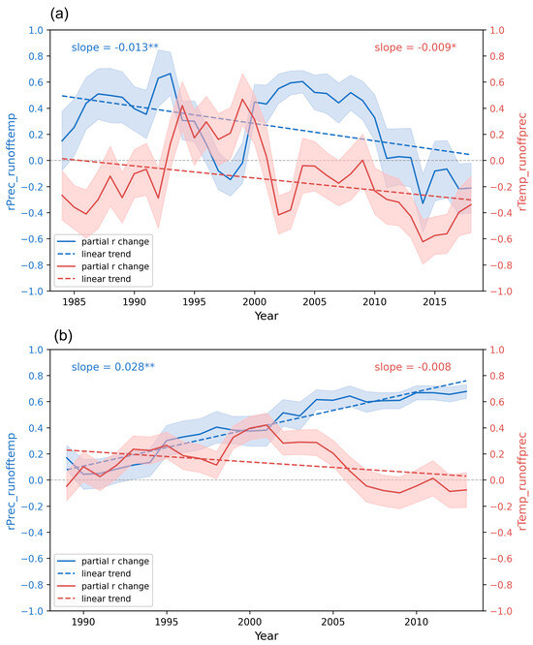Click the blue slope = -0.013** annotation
coord(114,47)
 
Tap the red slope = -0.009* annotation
coord(415,47)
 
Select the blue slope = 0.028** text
coord(112,367)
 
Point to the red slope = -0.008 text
coord(413,367)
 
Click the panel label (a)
coord(59,15)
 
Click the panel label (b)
coord(63,336)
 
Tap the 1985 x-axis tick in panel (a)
coord(74,302)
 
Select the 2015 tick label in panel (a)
coord(434,302)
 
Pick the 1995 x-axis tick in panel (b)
coord(167,622)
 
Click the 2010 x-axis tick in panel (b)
coord(416,622)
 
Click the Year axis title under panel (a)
coord(266,316)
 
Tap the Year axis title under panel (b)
coord(266,635)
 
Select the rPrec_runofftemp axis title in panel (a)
coord(11,161)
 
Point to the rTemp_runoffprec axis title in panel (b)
coord(522,481)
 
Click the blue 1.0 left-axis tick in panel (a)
coord(36,30)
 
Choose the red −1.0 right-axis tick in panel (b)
coord(496,611)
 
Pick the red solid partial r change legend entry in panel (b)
coord(103,586)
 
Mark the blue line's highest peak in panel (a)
coord(170,74)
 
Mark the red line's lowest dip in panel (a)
coord(423,242)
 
